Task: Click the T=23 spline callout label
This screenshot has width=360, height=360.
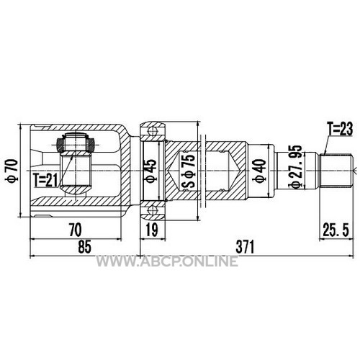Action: tap(340, 129)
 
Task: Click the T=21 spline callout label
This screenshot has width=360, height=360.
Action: tap(46, 180)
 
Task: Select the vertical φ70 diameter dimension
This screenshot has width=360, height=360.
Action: tap(12, 171)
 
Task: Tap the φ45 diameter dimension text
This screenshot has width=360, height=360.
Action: tap(151, 171)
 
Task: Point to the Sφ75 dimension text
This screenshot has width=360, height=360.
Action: tap(188, 171)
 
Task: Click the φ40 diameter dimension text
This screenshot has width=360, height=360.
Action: tap(260, 171)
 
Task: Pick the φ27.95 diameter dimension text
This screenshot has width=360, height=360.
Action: tap(295, 167)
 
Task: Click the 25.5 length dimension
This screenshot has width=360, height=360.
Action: tap(336, 230)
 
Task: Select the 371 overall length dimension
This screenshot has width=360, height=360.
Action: tap(245, 247)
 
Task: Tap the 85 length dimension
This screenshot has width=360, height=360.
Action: tap(84, 247)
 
